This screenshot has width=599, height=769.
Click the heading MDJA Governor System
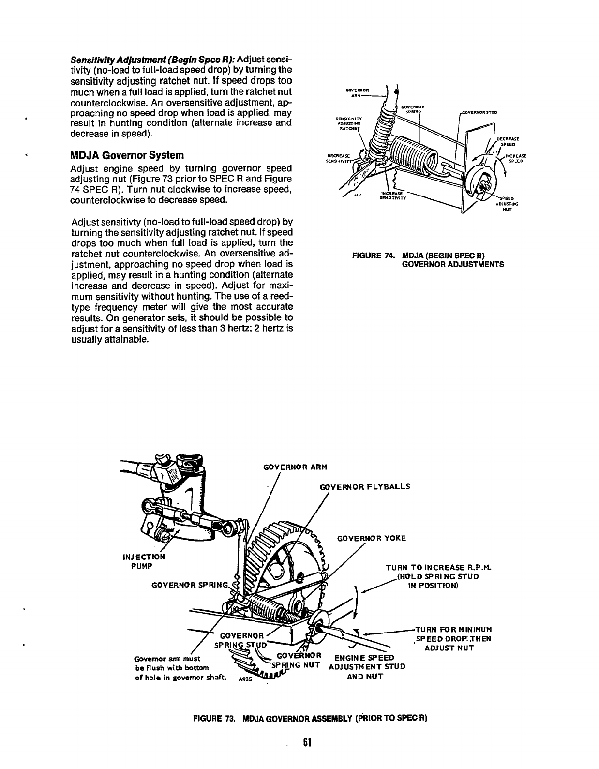click(127, 156)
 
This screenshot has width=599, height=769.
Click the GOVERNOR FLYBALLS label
click(365, 486)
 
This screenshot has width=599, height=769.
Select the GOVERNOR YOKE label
click(371, 538)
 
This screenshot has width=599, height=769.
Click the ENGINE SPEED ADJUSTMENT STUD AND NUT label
click(366, 666)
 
